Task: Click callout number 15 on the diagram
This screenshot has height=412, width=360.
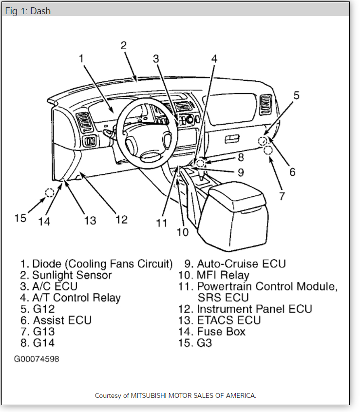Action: click(x=20, y=218)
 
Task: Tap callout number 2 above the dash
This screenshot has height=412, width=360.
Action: click(x=124, y=46)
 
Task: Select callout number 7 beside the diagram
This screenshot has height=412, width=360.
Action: click(x=282, y=196)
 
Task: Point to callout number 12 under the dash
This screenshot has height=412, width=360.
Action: click(x=121, y=219)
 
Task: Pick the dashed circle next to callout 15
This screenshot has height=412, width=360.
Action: click(x=49, y=193)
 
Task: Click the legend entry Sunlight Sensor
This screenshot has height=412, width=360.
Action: click(x=72, y=275)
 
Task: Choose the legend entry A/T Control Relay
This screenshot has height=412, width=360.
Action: click(x=76, y=298)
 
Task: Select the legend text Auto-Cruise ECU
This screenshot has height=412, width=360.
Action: click(x=241, y=264)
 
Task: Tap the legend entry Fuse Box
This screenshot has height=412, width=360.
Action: click(x=221, y=332)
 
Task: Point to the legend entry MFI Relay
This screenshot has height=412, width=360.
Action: click(x=223, y=275)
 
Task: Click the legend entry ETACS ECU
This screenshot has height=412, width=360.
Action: click(x=228, y=320)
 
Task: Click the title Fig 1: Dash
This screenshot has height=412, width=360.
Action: click(x=28, y=11)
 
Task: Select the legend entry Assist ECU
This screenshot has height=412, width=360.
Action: click(x=62, y=320)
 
